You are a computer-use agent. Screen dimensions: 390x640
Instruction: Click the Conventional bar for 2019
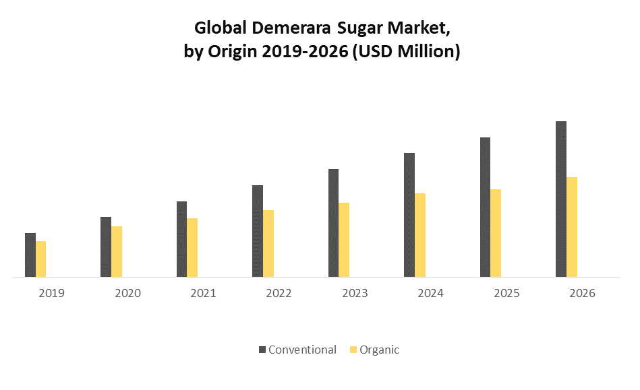point(30,255)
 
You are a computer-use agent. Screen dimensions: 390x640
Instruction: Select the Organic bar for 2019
point(41,259)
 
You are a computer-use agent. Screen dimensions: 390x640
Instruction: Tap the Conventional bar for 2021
point(182,239)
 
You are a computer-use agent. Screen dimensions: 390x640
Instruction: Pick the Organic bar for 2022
point(268,243)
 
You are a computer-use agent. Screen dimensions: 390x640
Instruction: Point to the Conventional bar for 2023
point(334,223)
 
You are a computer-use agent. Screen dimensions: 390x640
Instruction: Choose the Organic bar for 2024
point(420,235)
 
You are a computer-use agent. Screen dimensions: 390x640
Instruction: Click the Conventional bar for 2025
point(486,207)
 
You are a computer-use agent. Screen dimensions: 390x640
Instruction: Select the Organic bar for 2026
point(572,227)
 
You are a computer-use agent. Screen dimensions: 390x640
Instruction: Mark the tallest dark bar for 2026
point(561,199)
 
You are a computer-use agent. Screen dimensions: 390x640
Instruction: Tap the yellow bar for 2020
point(117,251)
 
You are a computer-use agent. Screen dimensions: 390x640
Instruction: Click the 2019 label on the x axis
point(52,294)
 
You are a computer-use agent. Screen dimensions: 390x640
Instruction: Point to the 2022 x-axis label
point(279,294)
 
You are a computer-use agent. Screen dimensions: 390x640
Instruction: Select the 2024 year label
point(430,294)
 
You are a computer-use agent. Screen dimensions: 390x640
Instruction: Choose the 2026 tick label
point(582,294)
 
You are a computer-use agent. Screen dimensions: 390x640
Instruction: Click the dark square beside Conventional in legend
point(262,350)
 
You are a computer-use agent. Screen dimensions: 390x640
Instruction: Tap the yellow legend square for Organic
point(353,350)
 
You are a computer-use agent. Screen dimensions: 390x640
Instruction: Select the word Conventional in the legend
point(302,350)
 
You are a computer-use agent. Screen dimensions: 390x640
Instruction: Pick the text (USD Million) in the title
point(405,51)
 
